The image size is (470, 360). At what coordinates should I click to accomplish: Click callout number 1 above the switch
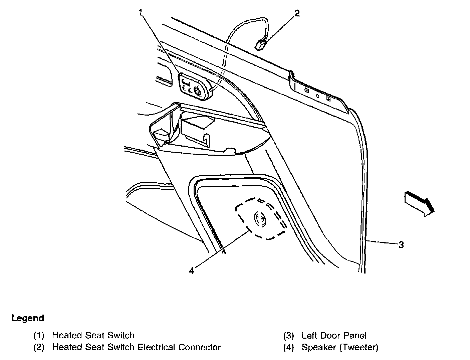tap(141, 13)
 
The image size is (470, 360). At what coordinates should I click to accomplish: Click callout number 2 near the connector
tap(297, 13)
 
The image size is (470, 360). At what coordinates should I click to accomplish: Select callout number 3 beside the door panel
tap(401, 245)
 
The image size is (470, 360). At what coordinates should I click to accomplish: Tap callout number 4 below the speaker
tap(191, 271)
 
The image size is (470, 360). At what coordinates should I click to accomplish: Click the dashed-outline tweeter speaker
tap(260, 219)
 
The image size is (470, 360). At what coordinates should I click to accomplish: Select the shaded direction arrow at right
tap(419, 203)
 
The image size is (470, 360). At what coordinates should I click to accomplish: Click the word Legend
tap(28, 318)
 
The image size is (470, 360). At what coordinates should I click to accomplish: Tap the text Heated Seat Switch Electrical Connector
tap(136, 347)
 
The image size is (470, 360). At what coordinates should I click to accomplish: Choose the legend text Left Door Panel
tap(334, 336)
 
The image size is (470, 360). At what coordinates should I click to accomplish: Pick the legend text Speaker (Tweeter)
tap(340, 347)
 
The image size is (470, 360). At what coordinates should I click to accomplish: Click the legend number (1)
tap(39, 336)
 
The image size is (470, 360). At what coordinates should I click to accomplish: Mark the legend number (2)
tap(39, 347)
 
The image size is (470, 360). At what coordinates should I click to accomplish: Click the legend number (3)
tap(288, 336)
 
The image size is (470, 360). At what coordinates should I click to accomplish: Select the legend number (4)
tap(288, 347)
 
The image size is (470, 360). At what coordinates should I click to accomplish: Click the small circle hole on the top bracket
tap(317, 96)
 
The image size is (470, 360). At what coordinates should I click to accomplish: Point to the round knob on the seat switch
tap(197, 90)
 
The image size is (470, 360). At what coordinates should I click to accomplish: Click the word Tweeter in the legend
tap(359, 347)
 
